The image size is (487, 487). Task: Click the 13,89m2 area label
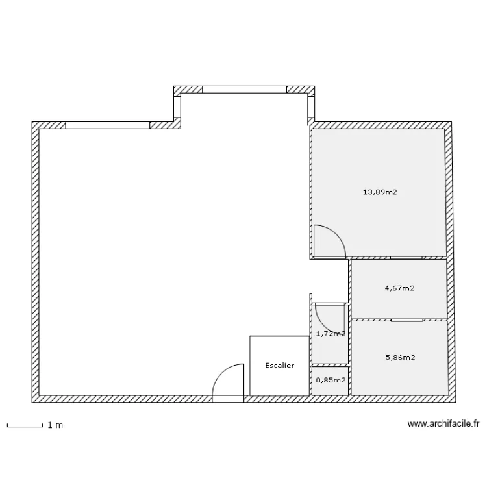click(x=380, y=192)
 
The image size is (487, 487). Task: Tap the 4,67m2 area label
click(x=399, y=288)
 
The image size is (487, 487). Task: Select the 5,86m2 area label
click(x=400, y=358)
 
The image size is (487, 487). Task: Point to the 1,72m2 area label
click(x=331, y=334)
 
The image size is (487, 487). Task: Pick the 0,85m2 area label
click(x=331, y=380)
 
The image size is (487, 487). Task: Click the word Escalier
click(x=279, y=366)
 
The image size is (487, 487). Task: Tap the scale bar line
click(x=25, y=426)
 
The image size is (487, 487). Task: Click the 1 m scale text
click(x=55, y=425)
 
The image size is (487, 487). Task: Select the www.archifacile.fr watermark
click(x=443, y=423)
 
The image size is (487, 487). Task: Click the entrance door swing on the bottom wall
click(x=221, y=373)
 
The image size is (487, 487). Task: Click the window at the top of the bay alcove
click(x=244, y=90)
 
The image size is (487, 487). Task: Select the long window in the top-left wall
click(x=108, y=125)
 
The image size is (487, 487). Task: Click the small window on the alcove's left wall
click(x=177, y=106)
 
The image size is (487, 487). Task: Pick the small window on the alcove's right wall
click(x=311, y=106)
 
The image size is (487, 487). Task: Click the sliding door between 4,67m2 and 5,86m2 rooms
click(x=407, y=320)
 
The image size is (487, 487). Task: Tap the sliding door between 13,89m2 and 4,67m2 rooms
click(x=406, y=258)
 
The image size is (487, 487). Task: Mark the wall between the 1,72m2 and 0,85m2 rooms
click(x=330, y=365)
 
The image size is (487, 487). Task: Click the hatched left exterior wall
click(x=36, y=262)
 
